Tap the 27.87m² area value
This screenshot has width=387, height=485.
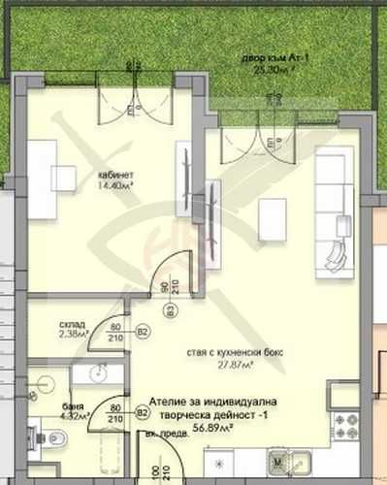pyautogui.click(x=236, y=364)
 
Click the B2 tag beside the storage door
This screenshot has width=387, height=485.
pyautogui.click(x=143, y=333)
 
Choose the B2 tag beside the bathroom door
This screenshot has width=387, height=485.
pyautogui.click(x=142, y=413)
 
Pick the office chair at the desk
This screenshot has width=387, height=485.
pyautogui.click(x=64, y=178)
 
